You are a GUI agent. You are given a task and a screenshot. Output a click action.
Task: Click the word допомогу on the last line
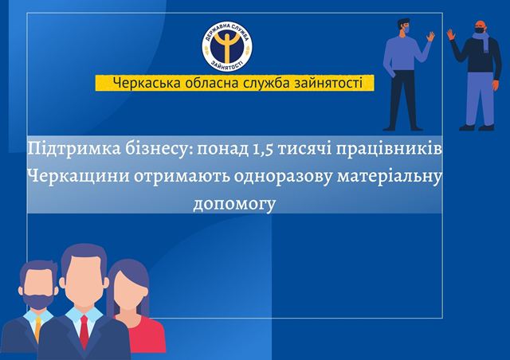(234, 204)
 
